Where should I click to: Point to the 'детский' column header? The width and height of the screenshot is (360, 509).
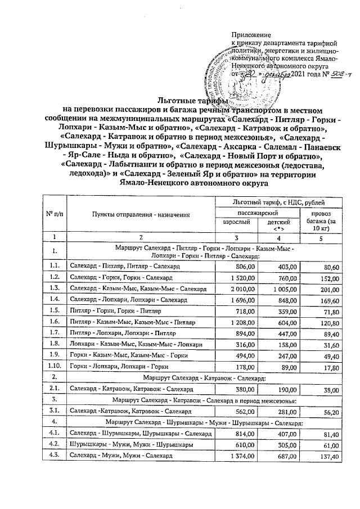coord(278,224)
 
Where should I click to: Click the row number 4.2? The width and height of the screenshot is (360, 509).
coord(55,445)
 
